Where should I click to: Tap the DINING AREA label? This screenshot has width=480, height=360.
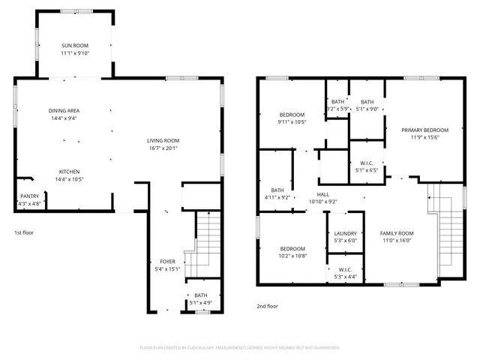point(64,110)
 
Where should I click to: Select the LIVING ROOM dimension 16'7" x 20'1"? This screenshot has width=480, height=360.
point(162,148)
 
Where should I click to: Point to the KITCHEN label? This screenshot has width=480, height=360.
point(69,172)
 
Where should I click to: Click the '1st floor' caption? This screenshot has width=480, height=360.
point(24,232)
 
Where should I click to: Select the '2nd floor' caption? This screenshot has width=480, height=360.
point(267,306)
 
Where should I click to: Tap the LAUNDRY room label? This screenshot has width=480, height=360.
point(345,232)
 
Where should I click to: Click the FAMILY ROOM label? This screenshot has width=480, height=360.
point(397,232)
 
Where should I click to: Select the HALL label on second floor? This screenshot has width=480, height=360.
point(322,194)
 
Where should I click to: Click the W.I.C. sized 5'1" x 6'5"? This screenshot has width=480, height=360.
point(367,163)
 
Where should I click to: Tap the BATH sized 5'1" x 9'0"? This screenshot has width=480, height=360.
point(367,102)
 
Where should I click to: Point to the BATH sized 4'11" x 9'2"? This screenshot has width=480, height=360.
point(277,190)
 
